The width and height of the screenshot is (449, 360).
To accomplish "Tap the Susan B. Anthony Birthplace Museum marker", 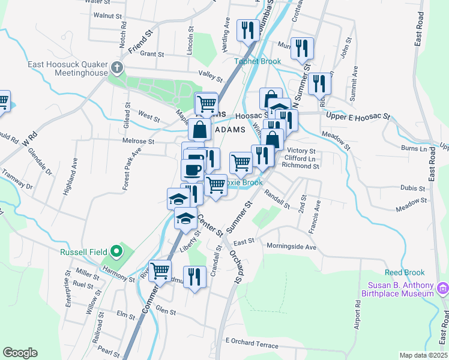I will (x=443, y=289).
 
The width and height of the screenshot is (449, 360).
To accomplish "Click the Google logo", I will (x=20, y=353).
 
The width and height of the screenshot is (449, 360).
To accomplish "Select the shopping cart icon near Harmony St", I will (x=160, y=271).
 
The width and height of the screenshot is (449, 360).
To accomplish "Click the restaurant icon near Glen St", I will (x=194, y=276).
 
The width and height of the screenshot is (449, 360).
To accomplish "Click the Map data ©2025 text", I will (x=424, y=355).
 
